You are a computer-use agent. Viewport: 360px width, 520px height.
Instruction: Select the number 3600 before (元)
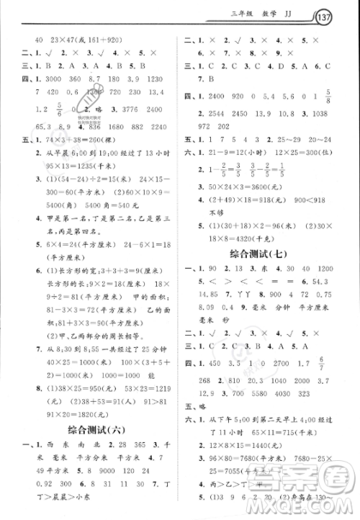(255, 187)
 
